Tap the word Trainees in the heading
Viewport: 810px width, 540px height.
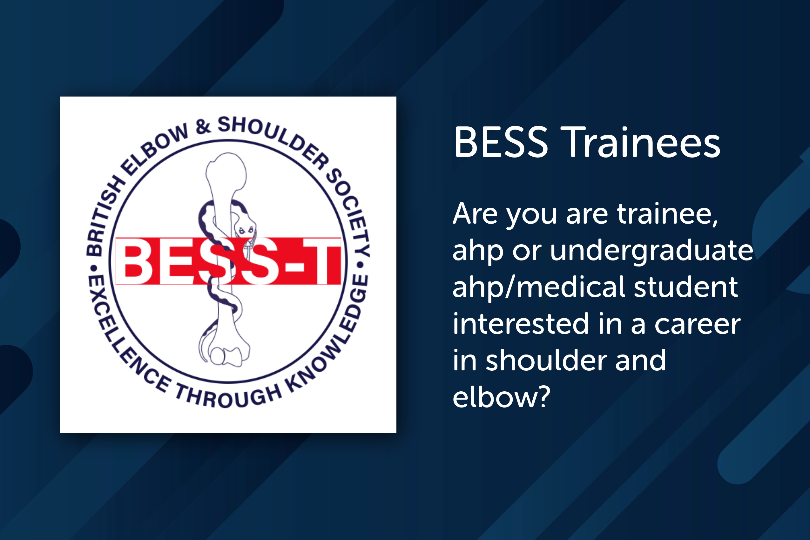click(641, 142)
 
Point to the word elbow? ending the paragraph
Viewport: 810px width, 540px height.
click(501, 397)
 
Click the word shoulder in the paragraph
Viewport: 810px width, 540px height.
click(546, 361)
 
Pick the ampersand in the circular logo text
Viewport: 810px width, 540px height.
click(203, 126)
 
